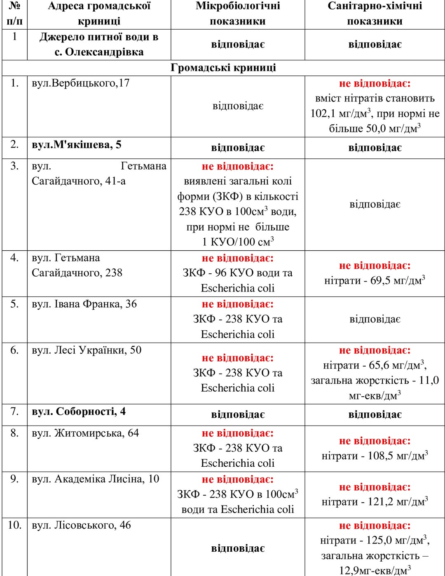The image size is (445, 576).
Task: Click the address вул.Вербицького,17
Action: tap(81, 83)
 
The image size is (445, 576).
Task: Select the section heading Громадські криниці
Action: tap(223, 68)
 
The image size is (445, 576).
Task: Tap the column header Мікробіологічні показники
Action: tap(238, 14)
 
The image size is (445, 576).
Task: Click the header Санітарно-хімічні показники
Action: tap(375, 14)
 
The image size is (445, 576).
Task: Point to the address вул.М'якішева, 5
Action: tap(77, 145)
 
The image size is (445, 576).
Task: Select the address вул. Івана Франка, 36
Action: tap(84, 304)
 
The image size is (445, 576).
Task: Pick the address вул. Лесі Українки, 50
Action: tap(87, 350)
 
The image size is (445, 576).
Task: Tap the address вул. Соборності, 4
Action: tap(79, 411)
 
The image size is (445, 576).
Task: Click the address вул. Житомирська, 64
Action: tap(85, 433)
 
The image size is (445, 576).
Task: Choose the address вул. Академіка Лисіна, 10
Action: tap(95, 479)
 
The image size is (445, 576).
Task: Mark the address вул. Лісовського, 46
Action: tap(81, 525)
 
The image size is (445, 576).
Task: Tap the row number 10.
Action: tap(14, 525)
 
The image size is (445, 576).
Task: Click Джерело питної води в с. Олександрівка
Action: tap(99, 45)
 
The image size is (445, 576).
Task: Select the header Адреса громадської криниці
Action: tap(99, 14)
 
